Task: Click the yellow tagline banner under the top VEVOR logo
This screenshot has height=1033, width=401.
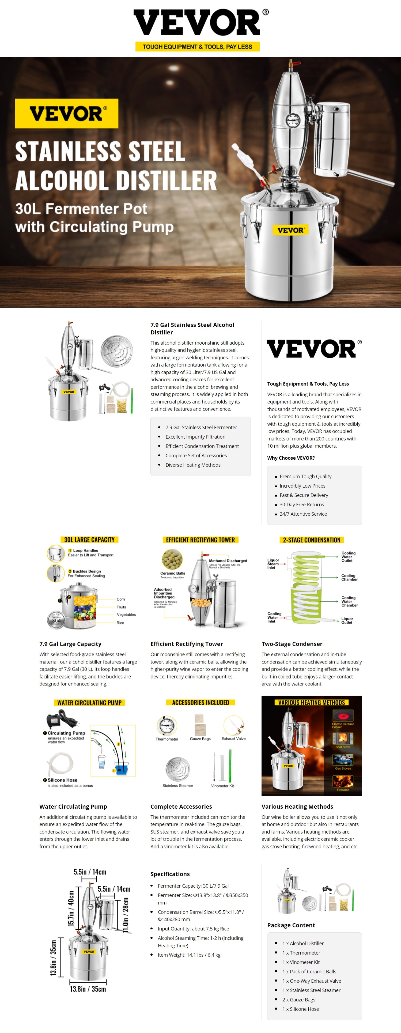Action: click(197, 47)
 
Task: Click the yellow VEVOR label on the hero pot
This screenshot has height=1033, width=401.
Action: click(290, 230)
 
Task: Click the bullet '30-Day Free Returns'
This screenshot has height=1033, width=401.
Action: click(301, 504)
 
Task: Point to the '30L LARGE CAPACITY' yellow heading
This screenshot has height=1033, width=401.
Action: click(89, 540)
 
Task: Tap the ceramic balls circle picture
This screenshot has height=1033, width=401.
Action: click(172, 559)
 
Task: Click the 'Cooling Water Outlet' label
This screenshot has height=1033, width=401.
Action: click(348, 557)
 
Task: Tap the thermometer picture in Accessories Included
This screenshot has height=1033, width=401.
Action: click(167, 725)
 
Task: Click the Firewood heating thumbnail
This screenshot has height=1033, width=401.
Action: click(343, 781)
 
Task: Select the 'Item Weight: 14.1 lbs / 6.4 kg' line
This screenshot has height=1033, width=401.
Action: click(189, 955)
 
